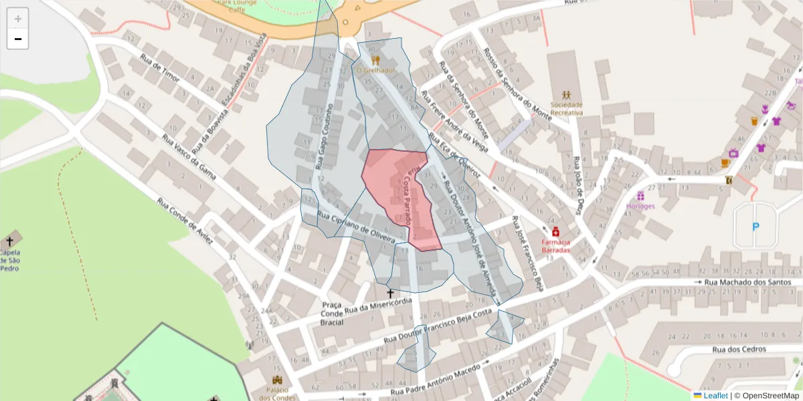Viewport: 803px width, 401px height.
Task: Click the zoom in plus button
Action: pos(18,19)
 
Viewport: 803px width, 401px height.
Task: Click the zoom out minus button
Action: pos(18,39)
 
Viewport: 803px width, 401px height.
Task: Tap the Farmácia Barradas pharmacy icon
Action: pos(555,231)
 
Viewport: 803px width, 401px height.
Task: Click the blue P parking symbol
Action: pos(755,227)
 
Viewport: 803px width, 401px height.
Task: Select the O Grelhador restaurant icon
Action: pos(375,60)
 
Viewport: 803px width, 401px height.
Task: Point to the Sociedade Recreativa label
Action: pos(566,108)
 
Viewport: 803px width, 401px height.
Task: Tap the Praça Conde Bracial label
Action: pos(333,313)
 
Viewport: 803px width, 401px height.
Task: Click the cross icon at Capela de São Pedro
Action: pos(9,241)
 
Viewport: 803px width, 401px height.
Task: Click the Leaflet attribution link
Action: pos(715,396)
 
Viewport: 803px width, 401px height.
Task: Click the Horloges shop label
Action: pos(640,206)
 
